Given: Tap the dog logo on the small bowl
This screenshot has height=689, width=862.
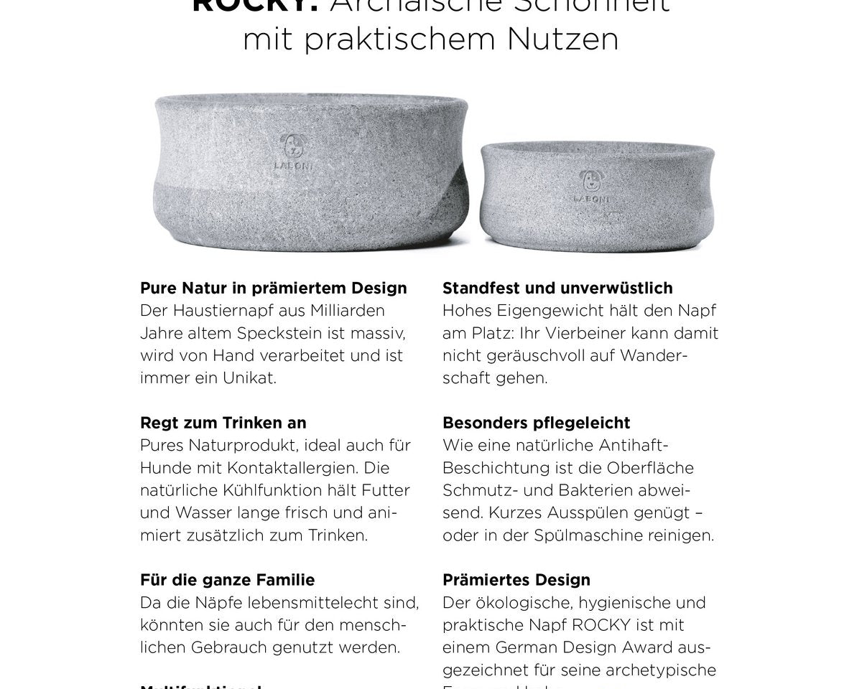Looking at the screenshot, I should click(590, 181).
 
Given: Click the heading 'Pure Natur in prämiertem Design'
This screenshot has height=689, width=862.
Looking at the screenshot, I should click(274, 288).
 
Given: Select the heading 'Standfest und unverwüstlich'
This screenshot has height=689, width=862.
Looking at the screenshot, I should click(557, 288).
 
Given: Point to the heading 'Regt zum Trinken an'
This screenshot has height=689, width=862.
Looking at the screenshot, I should click(223, 423).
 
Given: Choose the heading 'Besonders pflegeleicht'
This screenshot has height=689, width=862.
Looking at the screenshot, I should click(537, 423).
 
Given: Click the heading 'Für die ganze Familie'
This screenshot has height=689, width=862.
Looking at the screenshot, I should click(228, 580).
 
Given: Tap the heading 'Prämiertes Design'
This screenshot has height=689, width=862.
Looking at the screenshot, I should click(516, 580).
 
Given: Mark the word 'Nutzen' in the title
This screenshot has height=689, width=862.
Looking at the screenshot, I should click(562, 39).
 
